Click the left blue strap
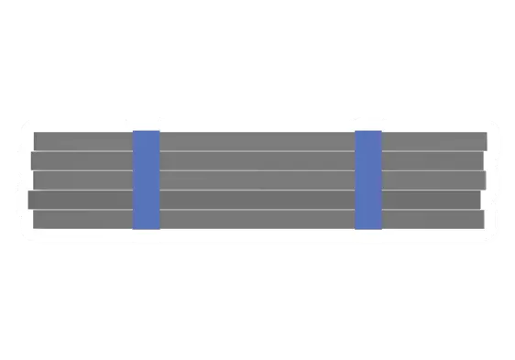pos(147,180)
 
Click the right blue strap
pos(368,180)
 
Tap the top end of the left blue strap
pos(147,134)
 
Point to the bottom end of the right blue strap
pos(368,225)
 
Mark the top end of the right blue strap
pos(368,134)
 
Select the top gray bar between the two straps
pos(257,141)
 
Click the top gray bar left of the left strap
pos(82,141)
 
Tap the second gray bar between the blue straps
pos(257,160)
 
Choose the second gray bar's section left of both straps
pos(82,160)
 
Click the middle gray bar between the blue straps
pos(257,180)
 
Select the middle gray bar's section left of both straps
pos(82,180)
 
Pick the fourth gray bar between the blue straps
pos(257,200)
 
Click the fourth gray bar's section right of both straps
pos(431,200)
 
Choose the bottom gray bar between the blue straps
pos(257,220)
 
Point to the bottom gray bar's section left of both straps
pos(82,220)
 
